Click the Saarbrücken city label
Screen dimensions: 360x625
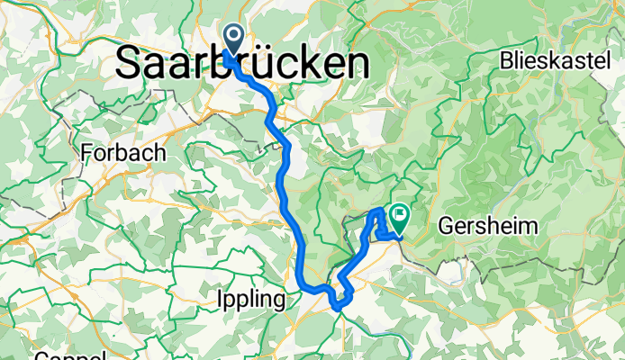click(243, 63)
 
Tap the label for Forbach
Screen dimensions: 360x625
click(123, 153)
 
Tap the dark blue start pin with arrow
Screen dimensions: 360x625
click(234, 40)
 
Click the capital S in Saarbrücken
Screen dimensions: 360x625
click(131, 63)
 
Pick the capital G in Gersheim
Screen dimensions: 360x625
click(445, 226)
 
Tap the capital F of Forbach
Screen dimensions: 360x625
click(86, 153)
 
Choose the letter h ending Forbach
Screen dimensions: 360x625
click(159, 153)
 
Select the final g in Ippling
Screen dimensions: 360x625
click(283, 301)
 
